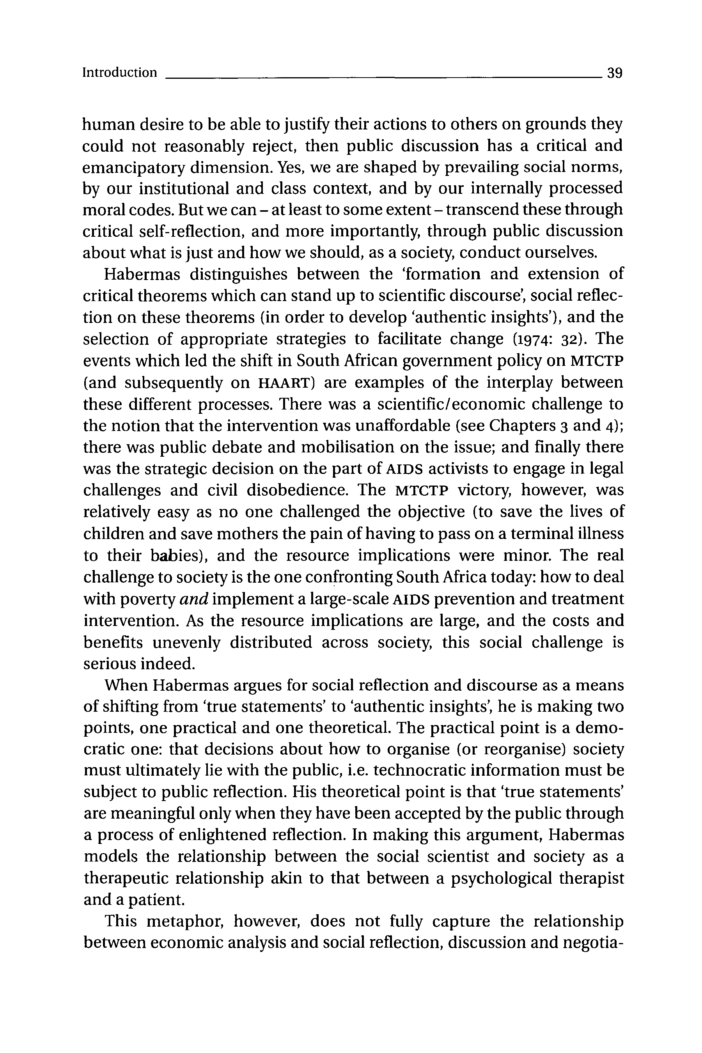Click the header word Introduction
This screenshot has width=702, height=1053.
pos(120,73)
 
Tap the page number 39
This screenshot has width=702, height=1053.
pos(615,73)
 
